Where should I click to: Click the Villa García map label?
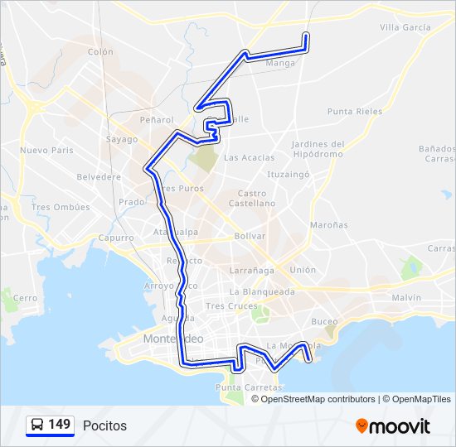pos(405,27)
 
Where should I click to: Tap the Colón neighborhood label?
pos(100,51)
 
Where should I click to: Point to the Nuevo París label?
pos(47,151)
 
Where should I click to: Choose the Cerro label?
pos(26,298)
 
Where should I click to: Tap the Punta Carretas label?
pos(240,387)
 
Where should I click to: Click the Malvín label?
pos(407,297)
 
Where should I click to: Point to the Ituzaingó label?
pos(288,175)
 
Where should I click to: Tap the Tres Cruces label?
pos(226,305)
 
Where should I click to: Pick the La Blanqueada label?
pos(263,291)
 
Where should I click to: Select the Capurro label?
pos(117,238)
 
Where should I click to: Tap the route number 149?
pos(60,425)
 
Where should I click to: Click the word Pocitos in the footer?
pos(104,425)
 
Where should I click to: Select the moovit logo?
pos(393,426)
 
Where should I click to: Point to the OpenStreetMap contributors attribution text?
pos(318,399)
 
